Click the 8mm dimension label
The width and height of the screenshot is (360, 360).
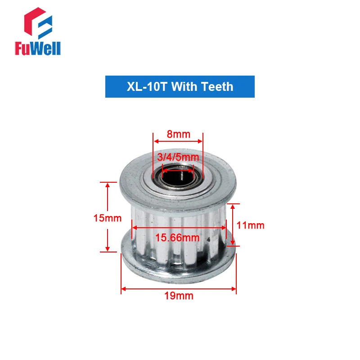point(178,134)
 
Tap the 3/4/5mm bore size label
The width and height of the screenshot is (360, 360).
point(178,157)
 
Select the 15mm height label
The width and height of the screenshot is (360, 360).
point(108,218)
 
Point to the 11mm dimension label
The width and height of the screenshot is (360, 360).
point(250,225)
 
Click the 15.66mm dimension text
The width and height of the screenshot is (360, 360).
point(177,238)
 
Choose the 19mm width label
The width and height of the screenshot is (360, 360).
point(179,296)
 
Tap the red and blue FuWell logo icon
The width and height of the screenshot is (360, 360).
point(38,23)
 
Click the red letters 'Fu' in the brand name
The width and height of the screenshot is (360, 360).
point(22,48)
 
